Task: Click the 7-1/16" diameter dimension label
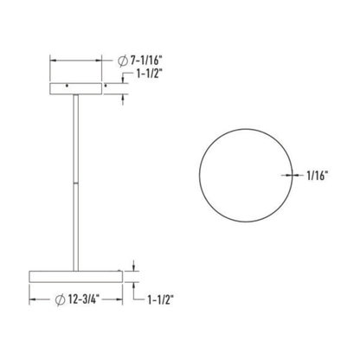tap(141, 61)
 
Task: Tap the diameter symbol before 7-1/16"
tap(121, 61)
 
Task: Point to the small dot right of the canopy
tap(106, 87)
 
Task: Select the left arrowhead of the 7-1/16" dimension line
tap(53, 61)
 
